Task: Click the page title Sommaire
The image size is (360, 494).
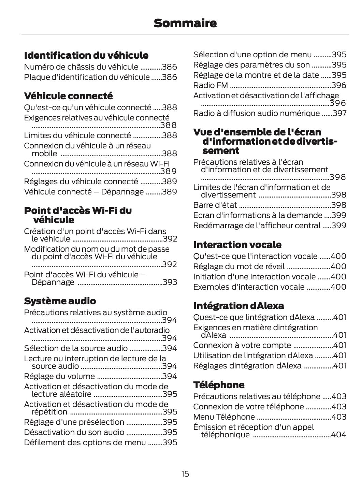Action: [185, 23]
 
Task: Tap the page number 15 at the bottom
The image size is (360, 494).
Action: [185, 474]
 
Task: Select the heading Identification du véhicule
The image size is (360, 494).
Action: [86, 55]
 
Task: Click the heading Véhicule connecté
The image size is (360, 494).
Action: [68, 96]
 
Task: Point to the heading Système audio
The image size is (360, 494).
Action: [60, 301]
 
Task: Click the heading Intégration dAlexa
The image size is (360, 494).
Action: [239, 305]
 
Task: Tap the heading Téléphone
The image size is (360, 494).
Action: [219, 385]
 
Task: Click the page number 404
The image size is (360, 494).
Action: [339, 435]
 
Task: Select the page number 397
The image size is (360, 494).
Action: [340, 113]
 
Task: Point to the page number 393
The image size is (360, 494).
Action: [170, 282]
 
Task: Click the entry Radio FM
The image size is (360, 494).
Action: [211, 85]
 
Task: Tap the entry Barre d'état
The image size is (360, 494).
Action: [215, 205]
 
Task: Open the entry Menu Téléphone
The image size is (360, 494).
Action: [224, 417]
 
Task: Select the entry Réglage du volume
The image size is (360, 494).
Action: [59, 376]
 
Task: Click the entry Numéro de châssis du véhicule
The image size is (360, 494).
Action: [81, 67]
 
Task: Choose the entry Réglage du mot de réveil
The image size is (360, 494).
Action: [239, 266]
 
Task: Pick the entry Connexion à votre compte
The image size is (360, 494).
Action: [242, 345]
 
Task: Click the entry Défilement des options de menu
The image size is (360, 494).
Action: [85, 442]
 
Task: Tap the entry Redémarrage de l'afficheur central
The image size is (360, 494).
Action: [257, 226]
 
